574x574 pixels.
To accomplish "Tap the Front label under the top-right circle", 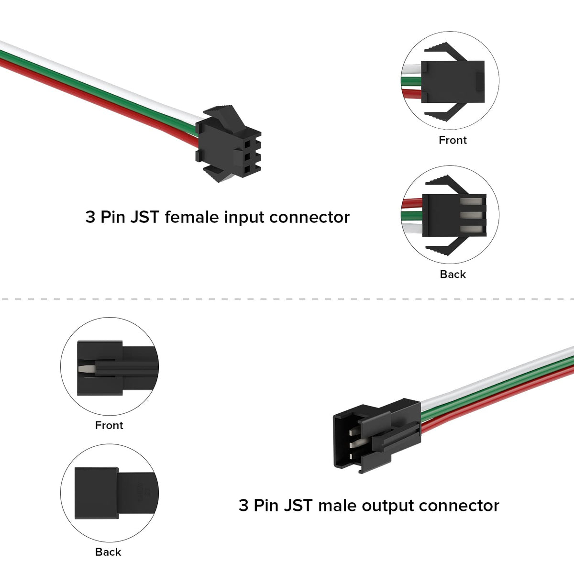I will [x=453, y=140].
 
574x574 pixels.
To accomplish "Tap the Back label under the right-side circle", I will [x=453, y=274].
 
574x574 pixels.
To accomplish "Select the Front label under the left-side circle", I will [x=109, y=425].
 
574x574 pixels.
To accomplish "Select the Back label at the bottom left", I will [x=108, y=552].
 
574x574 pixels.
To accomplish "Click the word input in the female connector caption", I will [x=244, y=217].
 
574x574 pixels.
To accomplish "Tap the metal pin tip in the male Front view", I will [x=85, y=369].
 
